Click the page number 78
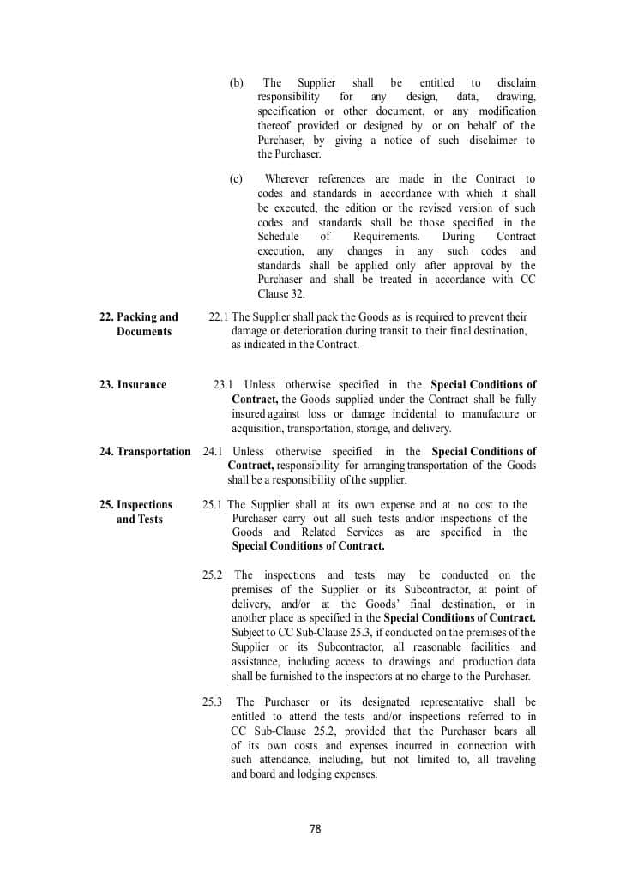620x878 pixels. click(315, 829)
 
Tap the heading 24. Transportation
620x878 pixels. click(145, 452)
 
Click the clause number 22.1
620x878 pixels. click(219, 317)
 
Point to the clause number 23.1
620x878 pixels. click(223, 385)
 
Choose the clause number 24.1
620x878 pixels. click(213, 452)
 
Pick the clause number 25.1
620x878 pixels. click(213, 505)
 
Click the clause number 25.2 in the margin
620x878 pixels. click(213, 575)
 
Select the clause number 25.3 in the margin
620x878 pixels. click(213, 702)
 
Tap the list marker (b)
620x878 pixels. click(236, 83)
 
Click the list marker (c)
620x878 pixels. click(236, 179)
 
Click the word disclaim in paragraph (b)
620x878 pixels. click(516, 83)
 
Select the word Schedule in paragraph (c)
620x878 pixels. click(278, 237)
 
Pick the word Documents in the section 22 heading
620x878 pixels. click(144, 332)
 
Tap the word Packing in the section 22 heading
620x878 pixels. click(136, 317)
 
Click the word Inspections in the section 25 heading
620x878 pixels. click(144, 505)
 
